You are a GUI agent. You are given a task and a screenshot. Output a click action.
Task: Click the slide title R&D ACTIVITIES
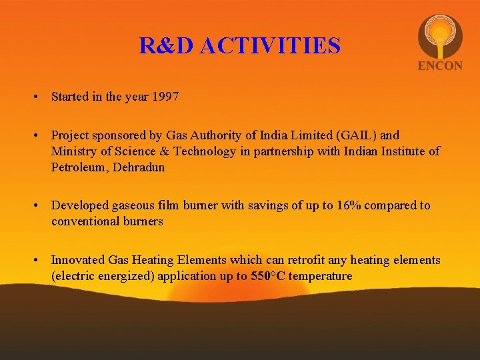pos(239,46)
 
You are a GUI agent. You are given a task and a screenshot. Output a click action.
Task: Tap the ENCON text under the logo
pos(439,66)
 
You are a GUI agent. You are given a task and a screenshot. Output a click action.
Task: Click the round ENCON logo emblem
pos(439,36)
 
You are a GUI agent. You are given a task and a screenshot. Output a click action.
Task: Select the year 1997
pos(165,97)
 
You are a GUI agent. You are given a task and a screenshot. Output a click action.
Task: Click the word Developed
pos(79,205)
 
